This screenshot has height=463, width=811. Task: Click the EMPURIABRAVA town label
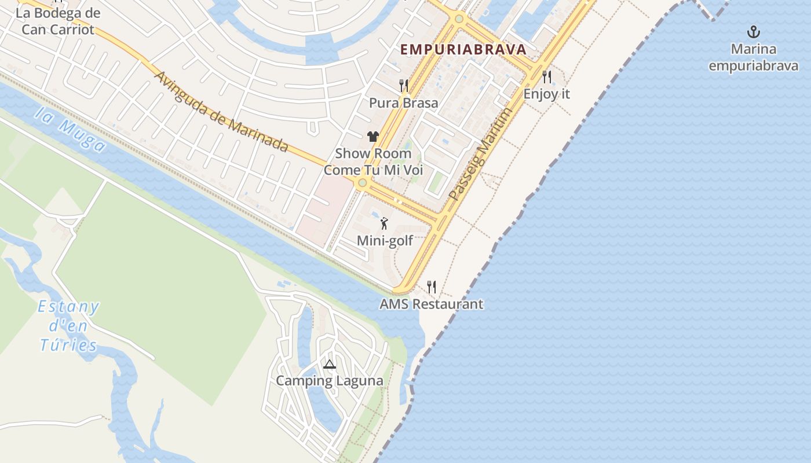[x=463, y=49]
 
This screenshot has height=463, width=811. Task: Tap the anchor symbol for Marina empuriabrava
[x=754, y=32]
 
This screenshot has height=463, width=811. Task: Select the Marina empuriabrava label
[x=754, y=57]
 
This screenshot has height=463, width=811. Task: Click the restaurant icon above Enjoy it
[x=546, y=76]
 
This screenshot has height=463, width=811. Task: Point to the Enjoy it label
[x=546, y=94]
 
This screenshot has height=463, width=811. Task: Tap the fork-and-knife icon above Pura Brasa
[x=404, y=86]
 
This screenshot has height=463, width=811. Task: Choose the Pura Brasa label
[x=404, y=103]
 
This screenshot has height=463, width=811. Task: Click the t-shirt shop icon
[x=372, y=137]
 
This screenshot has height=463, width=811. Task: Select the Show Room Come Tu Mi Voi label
[x=373, y=162]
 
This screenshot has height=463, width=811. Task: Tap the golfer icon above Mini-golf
[x=384, y=223]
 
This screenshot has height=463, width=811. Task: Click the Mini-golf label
[x=385, y=240]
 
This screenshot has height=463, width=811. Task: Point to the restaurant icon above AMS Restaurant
[x=431, y=286]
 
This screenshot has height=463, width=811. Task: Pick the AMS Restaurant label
[x=431, y=304]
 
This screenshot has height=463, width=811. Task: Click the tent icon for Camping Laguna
[x=329, y=364]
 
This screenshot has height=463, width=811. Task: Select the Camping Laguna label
[x=329, y=381]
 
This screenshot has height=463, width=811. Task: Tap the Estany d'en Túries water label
[x=68, y=326]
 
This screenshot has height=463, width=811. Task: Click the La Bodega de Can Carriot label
[x=57, y=21]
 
